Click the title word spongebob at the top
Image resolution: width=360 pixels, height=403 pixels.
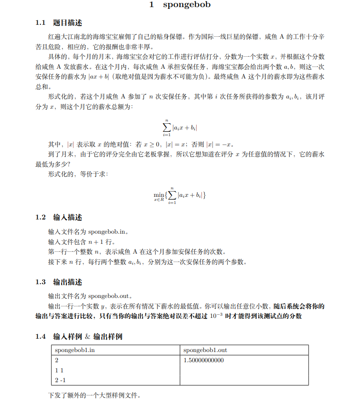click(186, 5)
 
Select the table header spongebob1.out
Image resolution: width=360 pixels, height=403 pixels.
click(205, 350)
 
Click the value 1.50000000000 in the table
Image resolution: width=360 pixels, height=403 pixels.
click(204, 360)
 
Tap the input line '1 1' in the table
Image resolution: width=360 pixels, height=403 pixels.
click(59, 370)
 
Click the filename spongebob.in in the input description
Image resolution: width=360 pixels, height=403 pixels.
click(108, 231)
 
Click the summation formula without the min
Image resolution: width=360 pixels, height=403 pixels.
click(180, 127)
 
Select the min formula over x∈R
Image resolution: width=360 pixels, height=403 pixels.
click(180, 195)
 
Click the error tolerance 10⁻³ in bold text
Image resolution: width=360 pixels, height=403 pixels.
click(216, 315)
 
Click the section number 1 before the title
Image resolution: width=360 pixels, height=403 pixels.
click(151, 5)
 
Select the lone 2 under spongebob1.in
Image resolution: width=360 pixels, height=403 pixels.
click(57, 360)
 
